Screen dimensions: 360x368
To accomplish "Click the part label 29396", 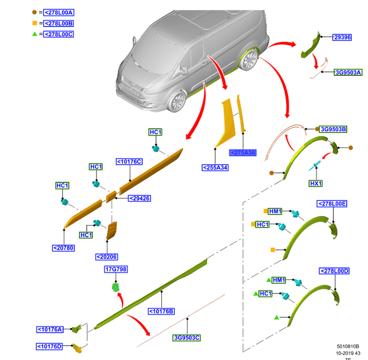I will pos(343,37).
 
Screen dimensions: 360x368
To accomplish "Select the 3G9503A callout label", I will pos(348,73).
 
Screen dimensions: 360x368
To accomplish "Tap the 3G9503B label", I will pos(333,129).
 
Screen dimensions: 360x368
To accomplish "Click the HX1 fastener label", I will pos(316,183).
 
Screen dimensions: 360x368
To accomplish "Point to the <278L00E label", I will pos(333,204).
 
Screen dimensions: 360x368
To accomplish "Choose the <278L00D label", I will pos(334,271).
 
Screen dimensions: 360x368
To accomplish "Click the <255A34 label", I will pos(215,167).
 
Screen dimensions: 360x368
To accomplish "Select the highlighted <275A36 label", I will pos(243,153).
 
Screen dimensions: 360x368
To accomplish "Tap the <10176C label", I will pos(129,162).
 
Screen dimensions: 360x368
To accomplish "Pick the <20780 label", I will pos(63,248).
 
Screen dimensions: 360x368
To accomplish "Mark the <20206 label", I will pos(107,257).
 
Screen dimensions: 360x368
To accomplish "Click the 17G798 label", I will pos(116,269).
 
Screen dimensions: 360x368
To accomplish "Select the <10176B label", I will pos(161,311).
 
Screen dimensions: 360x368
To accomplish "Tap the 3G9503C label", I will pos(187,338).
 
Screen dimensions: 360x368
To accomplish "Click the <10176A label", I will pos(50,329).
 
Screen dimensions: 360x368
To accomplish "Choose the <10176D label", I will pos(50,346).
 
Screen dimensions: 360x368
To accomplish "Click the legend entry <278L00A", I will pos(59,11).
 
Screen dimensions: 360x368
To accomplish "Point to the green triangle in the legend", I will pos(35,34).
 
